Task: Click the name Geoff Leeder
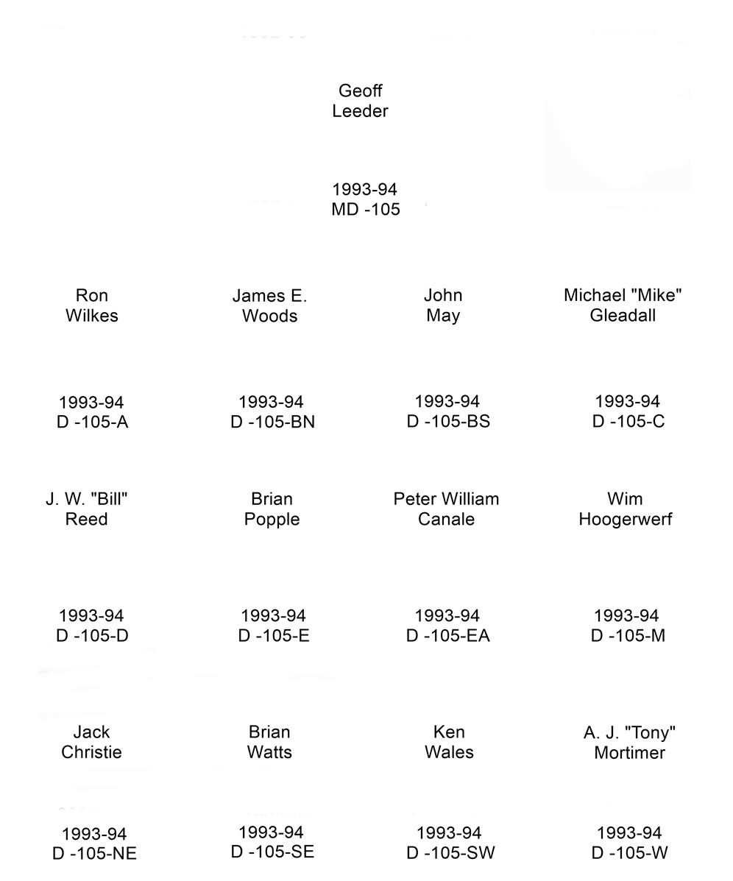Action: click(360, 101)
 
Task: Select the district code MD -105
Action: click(366, 210)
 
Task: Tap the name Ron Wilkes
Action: click(92, 305)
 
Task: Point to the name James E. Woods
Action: click(270, 305)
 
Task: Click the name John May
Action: click(443, 305)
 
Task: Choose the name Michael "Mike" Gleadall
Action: click(623, 305)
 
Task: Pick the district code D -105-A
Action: click(93, 422)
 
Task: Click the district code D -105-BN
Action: click(273, 422)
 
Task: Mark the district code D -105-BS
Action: click(448, 422)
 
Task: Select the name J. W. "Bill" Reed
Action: click(87, 509)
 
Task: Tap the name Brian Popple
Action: click(272, 509)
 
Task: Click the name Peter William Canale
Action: click(447, 509)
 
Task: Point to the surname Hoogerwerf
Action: click(626, 520)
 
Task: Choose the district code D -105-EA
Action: click(448, 636)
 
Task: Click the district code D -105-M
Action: click(628, 636)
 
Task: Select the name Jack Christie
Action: click(92, 742)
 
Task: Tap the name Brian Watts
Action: click(270, 742)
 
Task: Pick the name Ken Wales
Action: click(449, 742)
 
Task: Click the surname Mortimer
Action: click(630, 753)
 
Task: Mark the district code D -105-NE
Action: click(95, 854)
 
